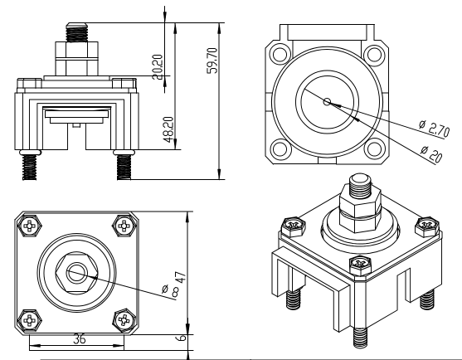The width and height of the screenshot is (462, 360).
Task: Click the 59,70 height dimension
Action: pos(213,61)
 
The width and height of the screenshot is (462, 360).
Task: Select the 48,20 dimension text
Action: pos(168,129)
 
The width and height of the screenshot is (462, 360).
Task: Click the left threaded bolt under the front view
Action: pos(29,168)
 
